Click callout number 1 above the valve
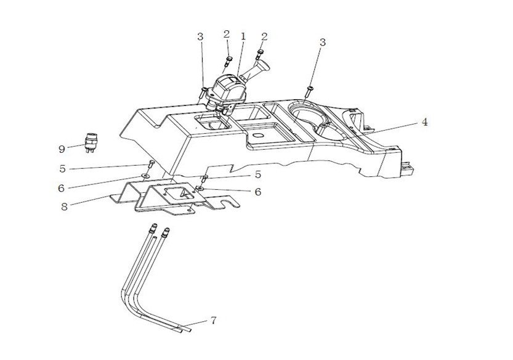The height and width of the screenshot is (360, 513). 243,36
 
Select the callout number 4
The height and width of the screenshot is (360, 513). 424,122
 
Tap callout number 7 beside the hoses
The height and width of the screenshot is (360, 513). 214,321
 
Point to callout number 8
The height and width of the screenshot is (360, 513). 64,207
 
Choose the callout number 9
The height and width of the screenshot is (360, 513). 62,149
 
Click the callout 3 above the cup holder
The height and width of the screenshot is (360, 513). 322,42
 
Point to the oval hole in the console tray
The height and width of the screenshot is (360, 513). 257,133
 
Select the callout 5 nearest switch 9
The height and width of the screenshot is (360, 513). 62,168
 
